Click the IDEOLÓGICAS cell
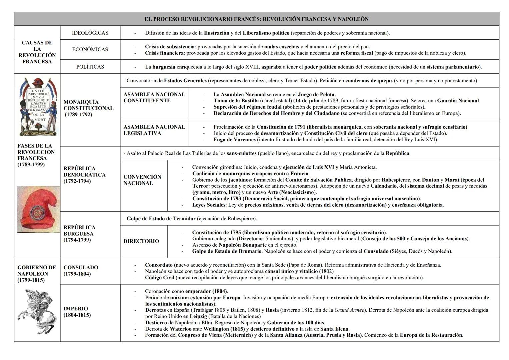tap(90, 33)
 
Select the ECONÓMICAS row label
tap(90, 49)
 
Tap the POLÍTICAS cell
tap(90, 67)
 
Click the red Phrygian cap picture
tap(38, 209)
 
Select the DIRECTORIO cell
tap(141, 241)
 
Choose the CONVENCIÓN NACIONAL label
tap(142, 180)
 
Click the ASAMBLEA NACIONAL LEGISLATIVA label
tap(154, 130)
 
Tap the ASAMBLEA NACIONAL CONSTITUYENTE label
tap(154, 97)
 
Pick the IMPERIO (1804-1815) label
tap(77, 312)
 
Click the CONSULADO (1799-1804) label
tap(81, 271)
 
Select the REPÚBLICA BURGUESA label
tap(79, 234)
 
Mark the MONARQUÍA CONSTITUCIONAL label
tap(88, 108)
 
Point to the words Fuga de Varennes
tap(234, 140)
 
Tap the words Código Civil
tap(159, 277)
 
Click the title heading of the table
tap(256, 19)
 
